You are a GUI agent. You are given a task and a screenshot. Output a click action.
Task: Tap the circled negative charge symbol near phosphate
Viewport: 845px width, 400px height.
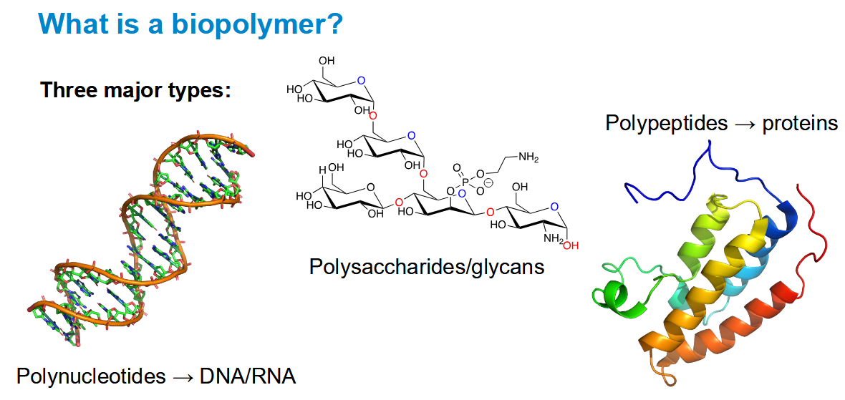(x=489, y=183)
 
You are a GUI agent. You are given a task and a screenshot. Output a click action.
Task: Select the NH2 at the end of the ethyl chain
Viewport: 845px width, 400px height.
(x=528, y=157)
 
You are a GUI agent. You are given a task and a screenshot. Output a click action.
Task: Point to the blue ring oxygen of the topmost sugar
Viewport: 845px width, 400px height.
(x=361, y=82)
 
